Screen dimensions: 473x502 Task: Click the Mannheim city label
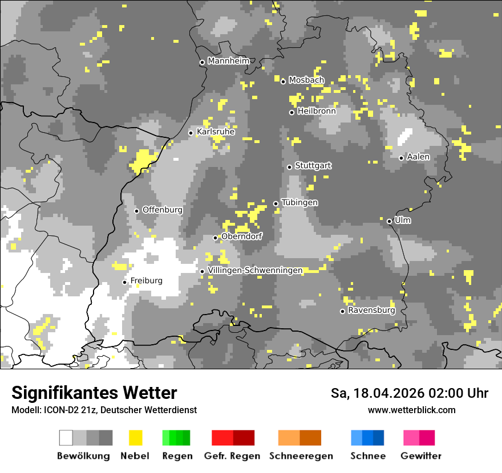pos(229,61)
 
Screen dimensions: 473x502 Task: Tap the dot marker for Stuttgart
pos(289,167)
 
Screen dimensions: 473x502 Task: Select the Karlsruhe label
pos(216,132)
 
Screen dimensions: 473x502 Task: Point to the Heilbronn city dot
pos(292,112)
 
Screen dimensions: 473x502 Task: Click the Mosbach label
pos(306,80)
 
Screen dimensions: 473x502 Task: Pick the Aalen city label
pos(418,157)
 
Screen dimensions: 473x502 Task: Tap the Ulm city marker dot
pos(389,221)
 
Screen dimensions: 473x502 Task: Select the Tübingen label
pos(299,202)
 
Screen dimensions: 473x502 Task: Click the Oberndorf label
pos(242,237)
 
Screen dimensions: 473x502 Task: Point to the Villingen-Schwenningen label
pos(255,270)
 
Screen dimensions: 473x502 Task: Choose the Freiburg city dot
pos(124,282)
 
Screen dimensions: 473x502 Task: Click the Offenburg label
pos(163,210)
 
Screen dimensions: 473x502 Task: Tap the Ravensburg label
pos(371,311)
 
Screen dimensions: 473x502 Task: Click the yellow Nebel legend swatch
pos(136,438)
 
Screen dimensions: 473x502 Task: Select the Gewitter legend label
pos(421,456)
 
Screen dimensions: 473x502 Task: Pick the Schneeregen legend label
pos(301,456)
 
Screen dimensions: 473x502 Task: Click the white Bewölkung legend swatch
pos(66,438)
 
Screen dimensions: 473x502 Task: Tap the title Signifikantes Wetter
pos(94,393)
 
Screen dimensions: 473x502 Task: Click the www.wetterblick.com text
pos(411,410)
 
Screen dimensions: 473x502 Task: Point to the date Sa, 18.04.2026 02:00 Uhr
pos(410,393)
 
